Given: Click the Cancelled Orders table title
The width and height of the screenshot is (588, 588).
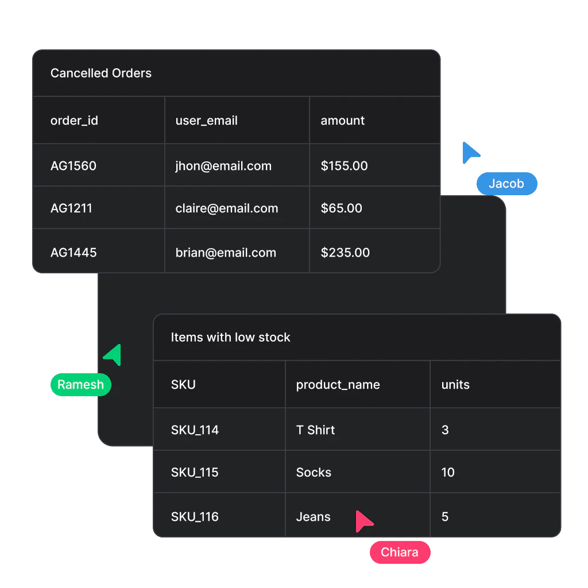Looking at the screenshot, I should tap(101, 73).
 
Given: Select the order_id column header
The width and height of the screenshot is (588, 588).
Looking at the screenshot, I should tap(74, 121).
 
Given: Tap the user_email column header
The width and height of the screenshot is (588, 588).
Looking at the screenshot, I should tap(206, 121).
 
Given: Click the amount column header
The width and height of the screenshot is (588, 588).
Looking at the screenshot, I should tap(342, 121).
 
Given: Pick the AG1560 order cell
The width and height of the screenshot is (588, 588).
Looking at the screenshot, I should tap(73, 166).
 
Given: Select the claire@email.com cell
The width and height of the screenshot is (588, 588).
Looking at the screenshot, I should tap(226, 208).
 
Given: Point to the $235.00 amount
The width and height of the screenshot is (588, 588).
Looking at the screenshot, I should tap(345, 253).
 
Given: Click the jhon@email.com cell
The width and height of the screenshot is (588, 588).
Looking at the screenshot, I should tap(223, 166).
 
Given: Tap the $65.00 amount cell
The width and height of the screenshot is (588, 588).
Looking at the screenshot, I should tap(341, 208).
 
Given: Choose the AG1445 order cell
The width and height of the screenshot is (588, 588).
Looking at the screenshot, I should tap(73, 253).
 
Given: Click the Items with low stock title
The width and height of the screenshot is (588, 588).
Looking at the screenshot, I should tap(230, 338).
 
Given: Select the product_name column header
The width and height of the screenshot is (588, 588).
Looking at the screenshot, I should tap(338, 385).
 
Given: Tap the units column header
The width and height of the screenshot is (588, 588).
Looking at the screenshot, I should tap(455, 385).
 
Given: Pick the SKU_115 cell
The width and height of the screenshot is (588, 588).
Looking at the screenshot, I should tap(195, 473).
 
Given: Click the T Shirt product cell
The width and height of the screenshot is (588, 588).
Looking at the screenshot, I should tap(315, 430).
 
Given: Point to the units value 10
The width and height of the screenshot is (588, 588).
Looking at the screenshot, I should tap(448, 473).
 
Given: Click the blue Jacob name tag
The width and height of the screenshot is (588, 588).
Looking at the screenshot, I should tap(506, 184).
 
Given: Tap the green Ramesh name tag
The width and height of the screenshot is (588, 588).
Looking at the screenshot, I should tap(80, 385).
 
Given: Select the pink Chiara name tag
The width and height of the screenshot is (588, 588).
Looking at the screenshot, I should tap(399, 552).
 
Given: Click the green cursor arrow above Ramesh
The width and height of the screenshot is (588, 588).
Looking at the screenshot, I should tap(114, 355).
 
